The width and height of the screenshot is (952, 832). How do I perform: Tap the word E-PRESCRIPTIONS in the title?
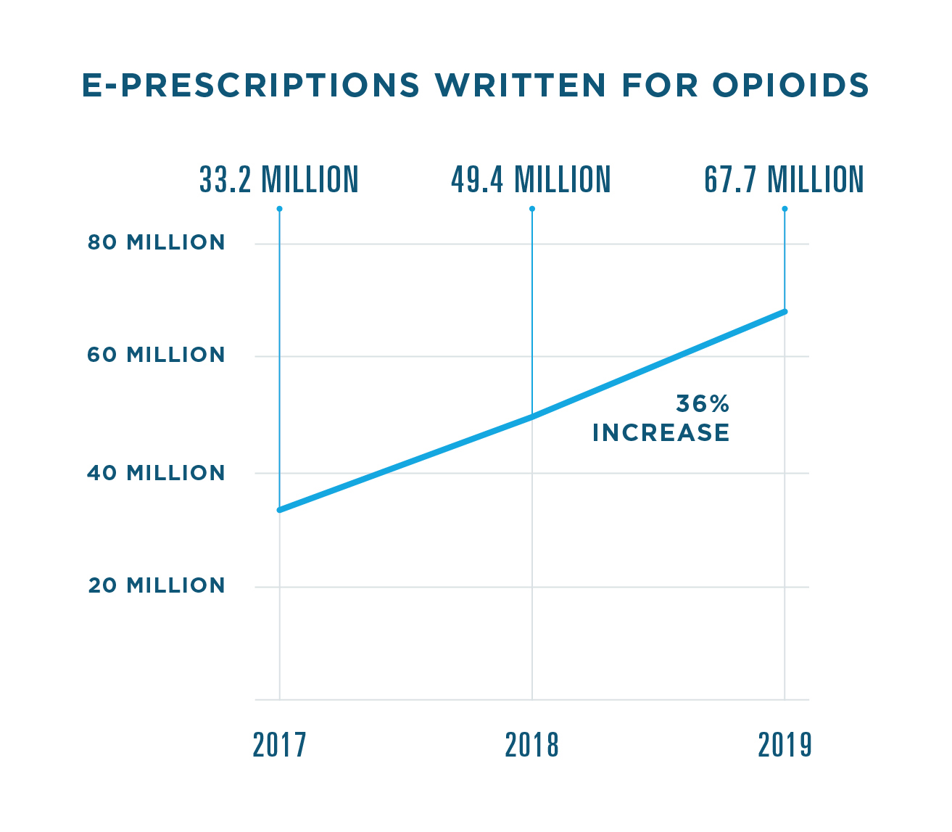tap(251, 86)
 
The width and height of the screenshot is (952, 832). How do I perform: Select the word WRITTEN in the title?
tap(521, 86)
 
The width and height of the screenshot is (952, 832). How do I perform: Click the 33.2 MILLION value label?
tap(279, 180)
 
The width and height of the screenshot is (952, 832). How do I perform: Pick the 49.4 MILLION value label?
tap(531, 180)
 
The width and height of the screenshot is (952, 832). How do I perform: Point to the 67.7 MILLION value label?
tap(784, 180)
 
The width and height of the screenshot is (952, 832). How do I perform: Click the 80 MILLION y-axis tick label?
tap(157, 242)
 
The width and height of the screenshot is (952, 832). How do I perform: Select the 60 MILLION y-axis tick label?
tap(157, 355)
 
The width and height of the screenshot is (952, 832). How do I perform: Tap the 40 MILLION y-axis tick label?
tap(157, 473)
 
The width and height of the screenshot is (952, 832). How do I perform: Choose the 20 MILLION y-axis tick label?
tap(157, 585)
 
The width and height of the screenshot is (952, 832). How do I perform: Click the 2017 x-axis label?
tap(280, 745)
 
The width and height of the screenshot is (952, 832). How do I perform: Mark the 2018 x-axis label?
tap(532, 745)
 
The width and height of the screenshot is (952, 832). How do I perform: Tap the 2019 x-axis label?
tap(785, 745)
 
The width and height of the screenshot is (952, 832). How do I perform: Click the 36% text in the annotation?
tap(702, 403)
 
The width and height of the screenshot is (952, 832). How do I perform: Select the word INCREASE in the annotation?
tap(661, 433)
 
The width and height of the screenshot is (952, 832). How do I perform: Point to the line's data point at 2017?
tap(280, 510)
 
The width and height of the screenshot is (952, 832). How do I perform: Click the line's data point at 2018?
tap(532, 417)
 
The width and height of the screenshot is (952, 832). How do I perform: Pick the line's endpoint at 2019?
tap(785, 312)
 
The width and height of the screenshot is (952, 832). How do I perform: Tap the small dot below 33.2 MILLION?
tap(279, 209)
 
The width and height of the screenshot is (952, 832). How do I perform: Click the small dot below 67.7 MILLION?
tap(785, 209)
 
